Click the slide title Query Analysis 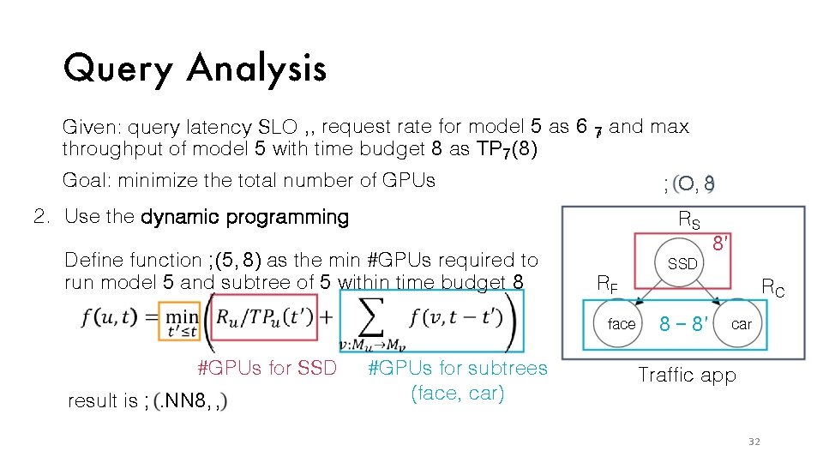pyautogui.click(x=195, y=68)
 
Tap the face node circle pyautogui.click(x=622, y=324)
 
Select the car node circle pyautogui.click(x=741, y=324)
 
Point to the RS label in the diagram pyautogui.click(x=689, y=220)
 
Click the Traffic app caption pyautogui.click(x=687, y=376)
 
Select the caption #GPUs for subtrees pyautogui.click(x=457, y=369)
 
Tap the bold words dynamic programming pyautogui.click(x=244, y=217)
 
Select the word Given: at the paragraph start pyautogui.click(x=92, y=128)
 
